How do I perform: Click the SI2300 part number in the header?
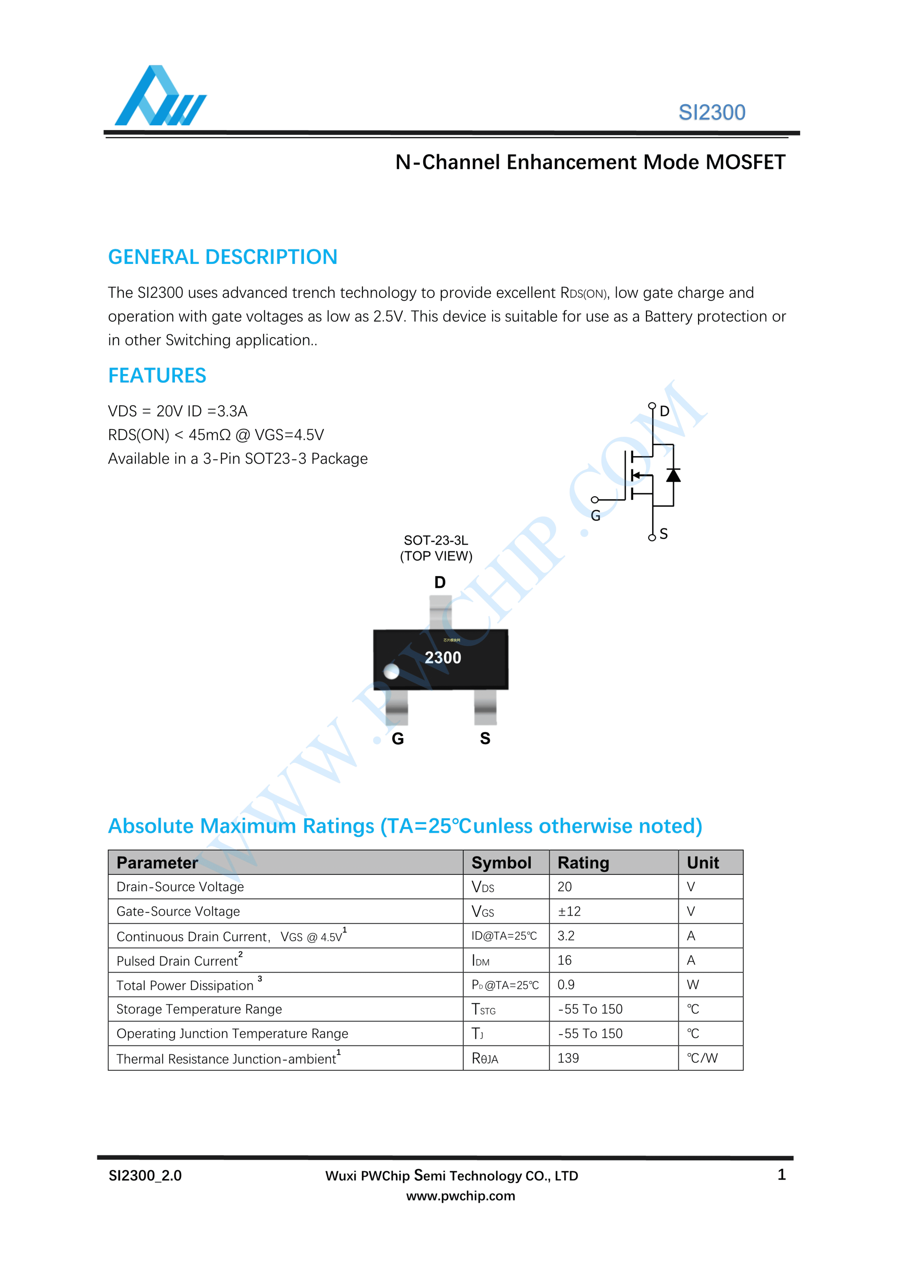(711, 113)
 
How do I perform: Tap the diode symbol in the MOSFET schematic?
(673, 475)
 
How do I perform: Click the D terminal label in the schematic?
(664, 412)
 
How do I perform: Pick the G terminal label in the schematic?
(595, 516)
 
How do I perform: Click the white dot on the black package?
(392, 671)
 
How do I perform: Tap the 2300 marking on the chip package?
(443, 658)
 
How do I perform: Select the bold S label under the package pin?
(485, 739)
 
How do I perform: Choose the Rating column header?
(583, 863)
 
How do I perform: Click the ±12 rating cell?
(569, 911)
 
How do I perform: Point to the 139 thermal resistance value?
(568, 1058)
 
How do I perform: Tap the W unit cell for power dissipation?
(692, 985)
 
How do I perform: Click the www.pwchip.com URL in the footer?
(461, 1196)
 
